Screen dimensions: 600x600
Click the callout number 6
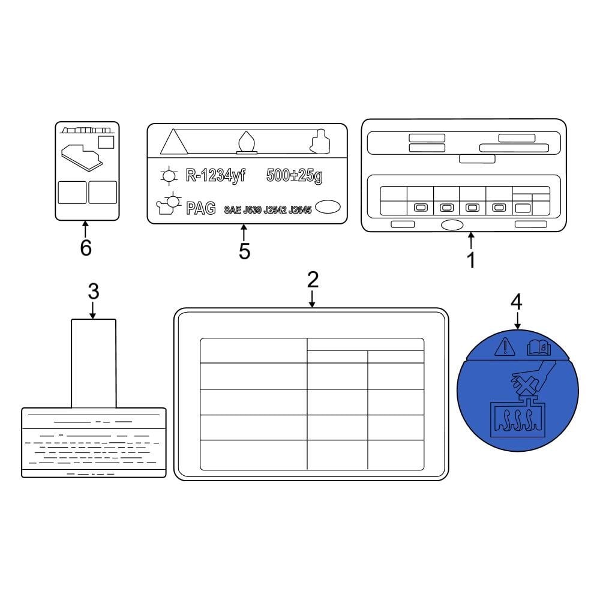coord(86,248)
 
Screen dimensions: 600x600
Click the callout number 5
coord(244,251)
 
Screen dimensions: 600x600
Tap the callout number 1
coord(471,260)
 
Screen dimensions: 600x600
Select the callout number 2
coord(313,280)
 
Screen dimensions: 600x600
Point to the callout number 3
coord(93,292)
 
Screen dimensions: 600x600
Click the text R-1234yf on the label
coord(214,176)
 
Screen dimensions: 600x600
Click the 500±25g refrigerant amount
coord(294,176)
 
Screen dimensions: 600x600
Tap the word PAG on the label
coord(201,209)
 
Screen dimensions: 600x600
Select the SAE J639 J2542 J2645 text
coord(268,210)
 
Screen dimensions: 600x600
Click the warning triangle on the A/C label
coord(173,143)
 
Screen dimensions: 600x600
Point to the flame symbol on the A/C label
coord(246,143)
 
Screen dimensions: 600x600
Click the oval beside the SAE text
coord(328,207)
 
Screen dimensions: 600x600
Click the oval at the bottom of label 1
coord(452,226)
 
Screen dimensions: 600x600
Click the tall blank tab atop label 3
coord(94,363)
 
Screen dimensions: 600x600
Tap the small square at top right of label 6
coord(106,142)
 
